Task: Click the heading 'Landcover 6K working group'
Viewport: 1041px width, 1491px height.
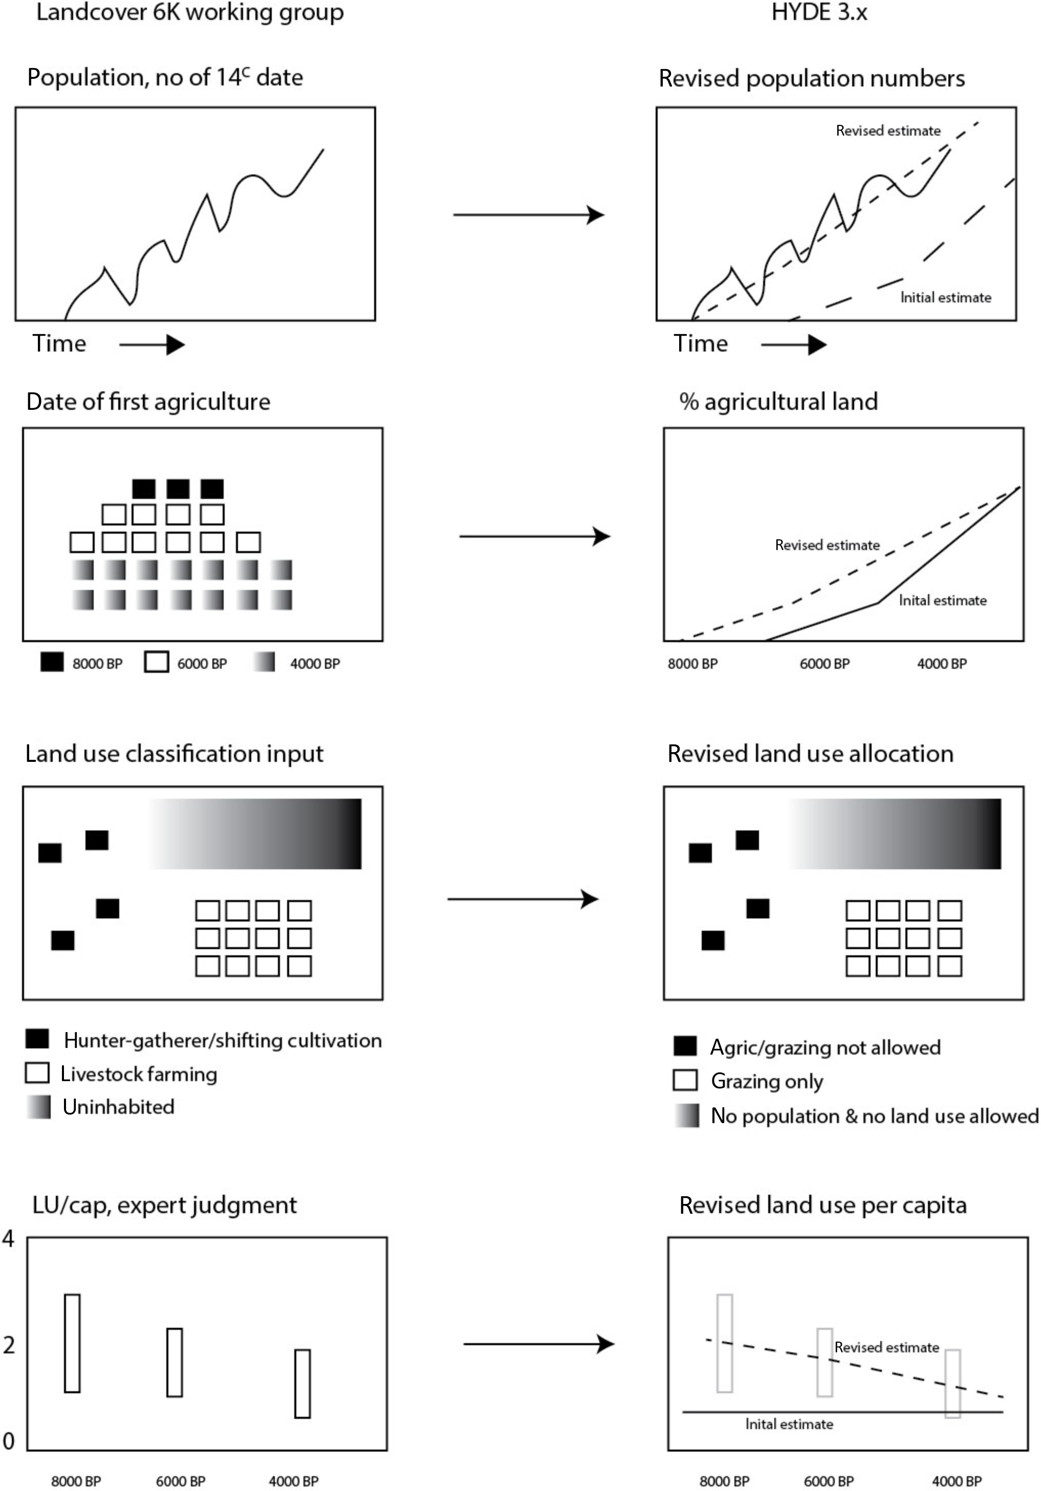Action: pyautogui.click(x=190, y=13)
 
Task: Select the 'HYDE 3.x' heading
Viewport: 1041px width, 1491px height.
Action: pyautogui.click(x=819, y=13)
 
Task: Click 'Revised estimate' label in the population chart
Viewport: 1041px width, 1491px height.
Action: pyautogui.click(x=888, y=131)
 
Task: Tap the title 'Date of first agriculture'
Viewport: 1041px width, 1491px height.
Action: pyautogui.click(x=148, y=402)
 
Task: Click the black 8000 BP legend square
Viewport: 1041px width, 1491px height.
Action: pyautogui.click(x=52, y=663)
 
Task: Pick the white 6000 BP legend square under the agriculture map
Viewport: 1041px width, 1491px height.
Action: pyautogui.click(x=157, y=663)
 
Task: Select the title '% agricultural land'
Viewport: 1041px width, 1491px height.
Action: pyautogui.click(x=778, y=402)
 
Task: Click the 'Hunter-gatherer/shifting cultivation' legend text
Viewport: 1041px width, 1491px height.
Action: pyautogui.click(x=223, y=1041)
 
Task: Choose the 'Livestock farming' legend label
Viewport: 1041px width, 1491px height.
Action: pyautogui.click(x=139, y=1074)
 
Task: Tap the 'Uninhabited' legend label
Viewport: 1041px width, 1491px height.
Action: pyautogui.click(x=118, y=1107)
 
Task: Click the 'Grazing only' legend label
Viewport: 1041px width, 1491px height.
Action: pyautogui.click(x=767, y=1081)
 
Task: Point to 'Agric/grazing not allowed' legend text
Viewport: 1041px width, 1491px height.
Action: pyautogui.click(x=826, y=1047)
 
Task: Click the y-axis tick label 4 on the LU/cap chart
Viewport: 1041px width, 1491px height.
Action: pyautogui.click(x=8, y=1239)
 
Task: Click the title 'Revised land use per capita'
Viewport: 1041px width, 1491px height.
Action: pyautogui.click(x=823, y=1205)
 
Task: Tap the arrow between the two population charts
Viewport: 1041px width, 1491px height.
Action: pyautogui.click(x=529, y=214)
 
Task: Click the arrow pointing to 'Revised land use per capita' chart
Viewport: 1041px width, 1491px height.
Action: pyautogui.click(x=538, y=1344)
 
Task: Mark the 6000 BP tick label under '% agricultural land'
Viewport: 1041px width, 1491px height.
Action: pyautogui.click(x=824, y=664)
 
